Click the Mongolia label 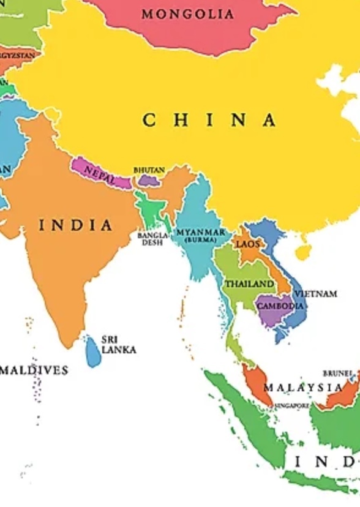click(188, 14)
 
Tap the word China click(209, 120)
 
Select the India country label click(76, 225)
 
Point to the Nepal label click(99, 174)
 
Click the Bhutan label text click(149, 170)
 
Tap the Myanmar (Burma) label click(201, 235)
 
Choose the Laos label click(248, 244)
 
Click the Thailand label click(249, 284)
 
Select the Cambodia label click(280, 306)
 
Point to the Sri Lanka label click(118, 344)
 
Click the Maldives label click(34, 370)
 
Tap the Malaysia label click(303, 388)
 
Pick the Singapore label click(291, 405)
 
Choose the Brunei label click(338, 373)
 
